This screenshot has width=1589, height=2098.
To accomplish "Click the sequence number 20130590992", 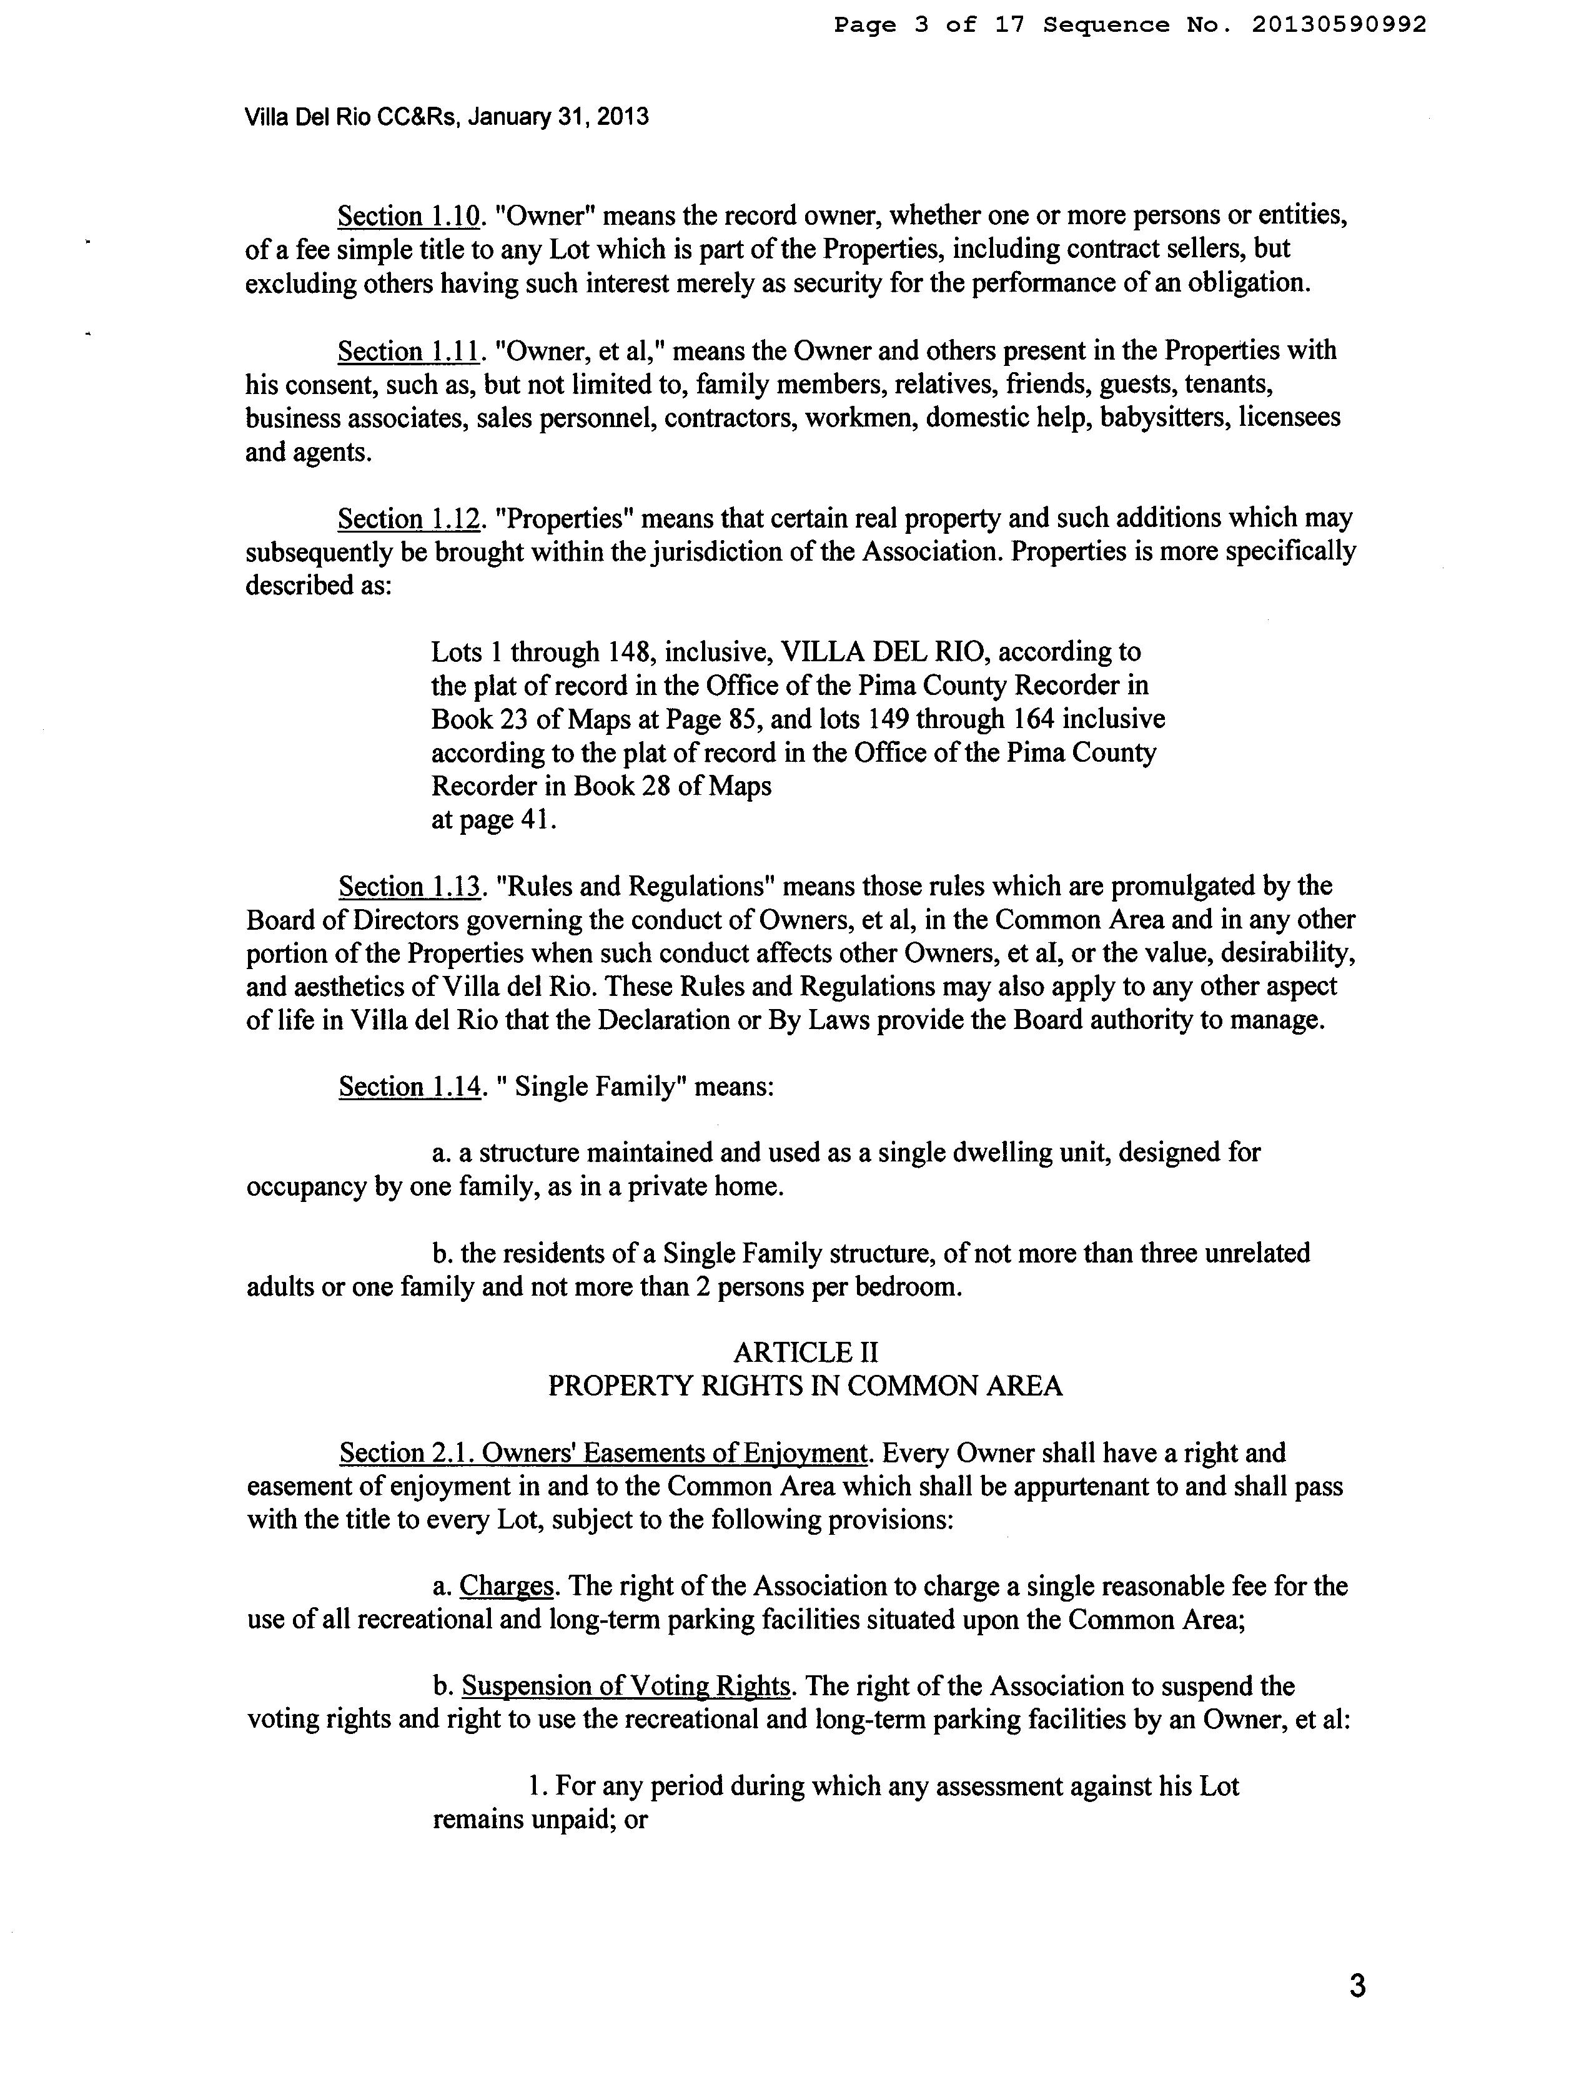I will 1339,26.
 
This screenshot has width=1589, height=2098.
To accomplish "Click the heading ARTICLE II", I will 806,1352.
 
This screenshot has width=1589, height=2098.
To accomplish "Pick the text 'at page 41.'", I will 493,820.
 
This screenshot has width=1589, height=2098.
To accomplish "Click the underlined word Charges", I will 507,1587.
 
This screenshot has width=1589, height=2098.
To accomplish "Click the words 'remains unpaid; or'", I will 540,1821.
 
